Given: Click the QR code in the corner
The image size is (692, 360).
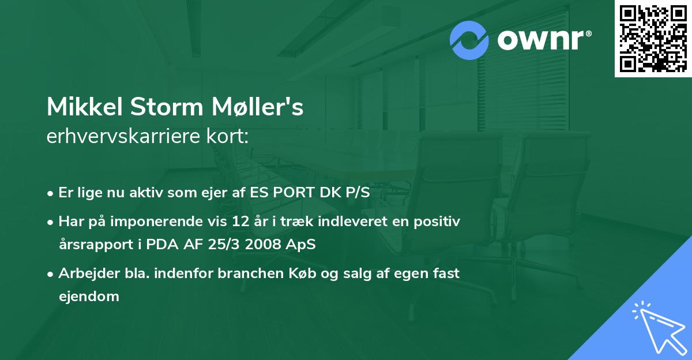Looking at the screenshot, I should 653,38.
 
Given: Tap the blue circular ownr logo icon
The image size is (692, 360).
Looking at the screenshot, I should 469,40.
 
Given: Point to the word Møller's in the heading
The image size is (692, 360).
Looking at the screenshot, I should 259,107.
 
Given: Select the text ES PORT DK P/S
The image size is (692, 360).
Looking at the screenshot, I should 311,192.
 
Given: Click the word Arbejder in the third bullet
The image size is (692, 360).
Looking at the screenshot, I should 82,273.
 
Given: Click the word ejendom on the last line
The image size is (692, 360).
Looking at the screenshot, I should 89,297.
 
